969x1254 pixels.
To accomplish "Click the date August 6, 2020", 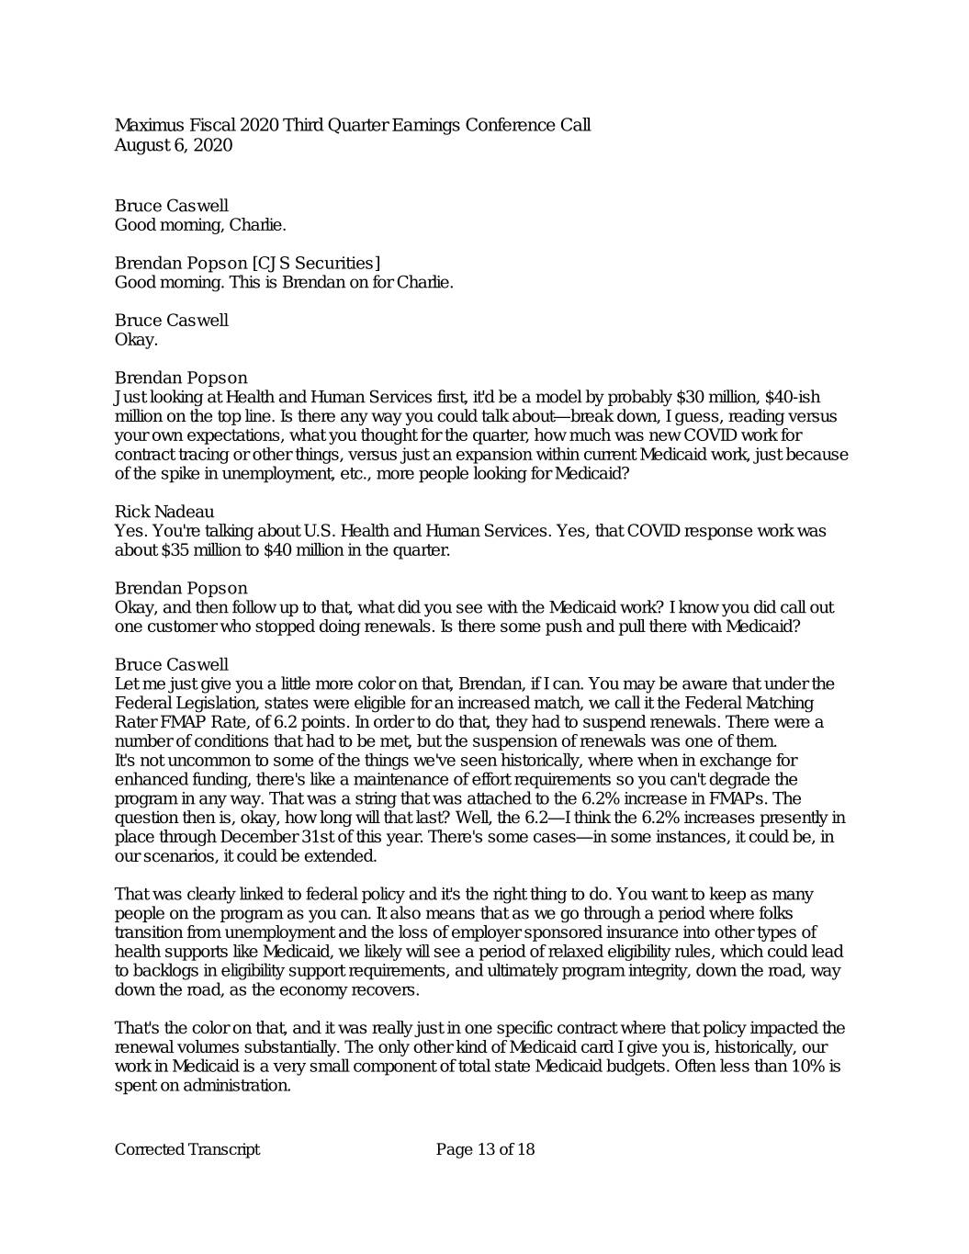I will [173, 145].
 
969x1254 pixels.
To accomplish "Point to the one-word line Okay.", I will [136, 340].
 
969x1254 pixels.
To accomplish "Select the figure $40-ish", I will [794, 397].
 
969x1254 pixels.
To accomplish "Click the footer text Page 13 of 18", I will [485, 1149].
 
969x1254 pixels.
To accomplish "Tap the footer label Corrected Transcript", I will [186, 1149].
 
